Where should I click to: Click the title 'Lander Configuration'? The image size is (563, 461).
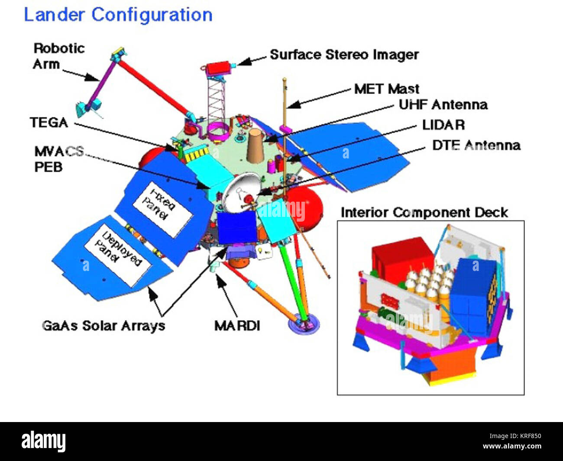tap(118, 15)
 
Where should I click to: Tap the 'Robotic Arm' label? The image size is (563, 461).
tap(58, 56)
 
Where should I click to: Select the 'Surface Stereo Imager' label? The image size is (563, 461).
tap(344, 55)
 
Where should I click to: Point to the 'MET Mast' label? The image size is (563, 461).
tap(387, 89)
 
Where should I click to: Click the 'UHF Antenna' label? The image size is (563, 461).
tap(443, 105)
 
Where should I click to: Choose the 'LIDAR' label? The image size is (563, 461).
tap(443, 125)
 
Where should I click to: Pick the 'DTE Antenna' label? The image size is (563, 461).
tap(476, 145)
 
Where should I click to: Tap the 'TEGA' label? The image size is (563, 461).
tap(49, 123)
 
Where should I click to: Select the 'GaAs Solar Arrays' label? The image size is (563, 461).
tap(104, 326)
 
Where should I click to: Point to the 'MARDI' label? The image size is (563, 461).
tap(237, 326)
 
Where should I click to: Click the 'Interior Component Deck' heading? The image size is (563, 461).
tap(424, 213)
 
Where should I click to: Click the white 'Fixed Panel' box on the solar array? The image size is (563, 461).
tap(162, 209)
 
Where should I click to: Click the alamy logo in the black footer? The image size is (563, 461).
tap(44, 442)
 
